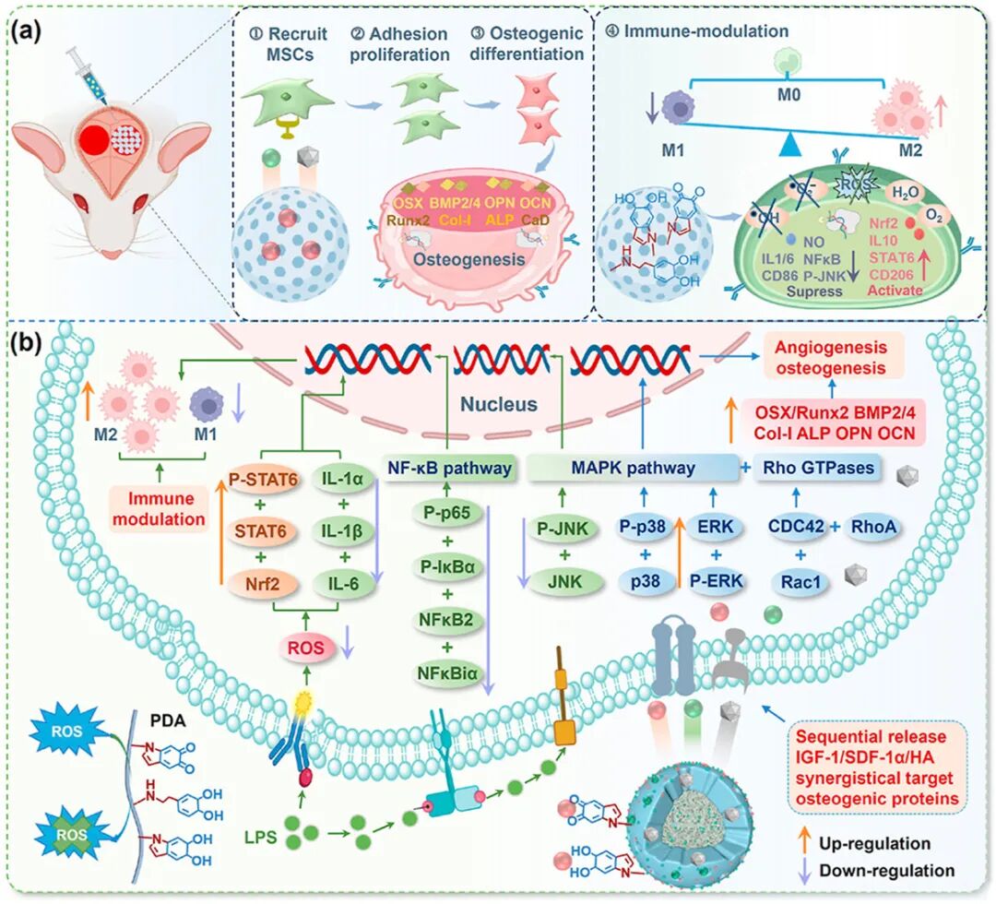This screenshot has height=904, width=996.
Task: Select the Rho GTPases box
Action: pyautogui.click(x=812, y=468)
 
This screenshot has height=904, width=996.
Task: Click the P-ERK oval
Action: pyautogui.click(x=717, y=583)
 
